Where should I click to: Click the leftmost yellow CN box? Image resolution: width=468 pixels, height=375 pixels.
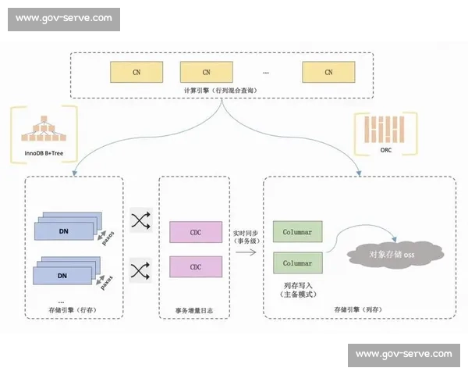click(136, 72)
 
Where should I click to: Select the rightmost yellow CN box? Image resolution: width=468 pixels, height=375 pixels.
click(328, 72)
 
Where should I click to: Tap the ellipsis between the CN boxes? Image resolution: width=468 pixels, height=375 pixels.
click(265, 73)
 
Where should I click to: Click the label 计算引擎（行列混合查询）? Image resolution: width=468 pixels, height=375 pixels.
click(222, 91)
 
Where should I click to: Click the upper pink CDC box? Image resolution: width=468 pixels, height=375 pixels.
click(195, 232)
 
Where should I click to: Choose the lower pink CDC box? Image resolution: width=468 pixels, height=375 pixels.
click(195, 267)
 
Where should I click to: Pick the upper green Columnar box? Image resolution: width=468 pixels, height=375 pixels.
click(297, 232)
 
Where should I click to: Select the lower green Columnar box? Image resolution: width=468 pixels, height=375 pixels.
click(297, 263)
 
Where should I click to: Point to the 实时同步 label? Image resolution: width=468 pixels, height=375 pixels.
click(246, 234)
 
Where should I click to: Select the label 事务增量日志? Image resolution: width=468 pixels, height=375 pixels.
click(195, 311)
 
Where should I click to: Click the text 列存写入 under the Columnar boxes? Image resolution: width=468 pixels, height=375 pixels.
click(296, 286)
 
